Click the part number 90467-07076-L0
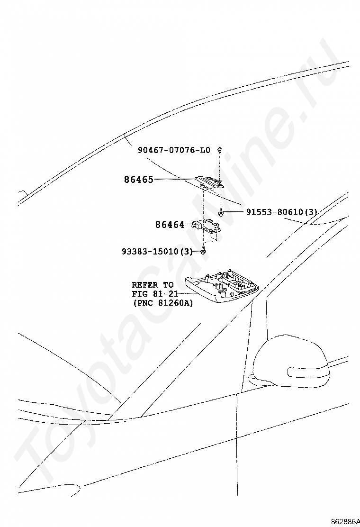click(174, 150)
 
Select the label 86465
click(139, 180)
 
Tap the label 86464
click(170, 225)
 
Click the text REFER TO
click(153, 285)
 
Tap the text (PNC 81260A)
click(162, 303)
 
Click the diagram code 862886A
click(344, 521)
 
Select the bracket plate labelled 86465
click(209, 182)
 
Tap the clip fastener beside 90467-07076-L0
click(220, 150)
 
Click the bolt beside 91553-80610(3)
click(221, 213)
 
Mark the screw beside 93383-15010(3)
click(203, 250)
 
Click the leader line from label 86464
click(189, 224)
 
